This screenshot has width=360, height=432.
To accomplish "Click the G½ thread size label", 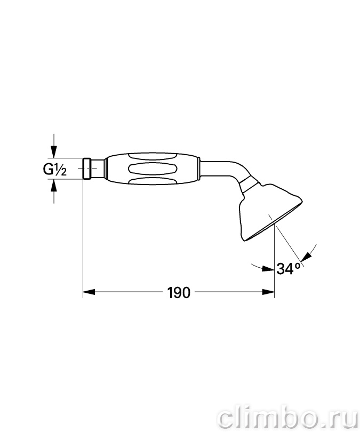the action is point(55,170).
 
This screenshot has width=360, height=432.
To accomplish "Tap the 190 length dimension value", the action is point(179,292).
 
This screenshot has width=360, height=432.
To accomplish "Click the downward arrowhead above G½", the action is point(54,152).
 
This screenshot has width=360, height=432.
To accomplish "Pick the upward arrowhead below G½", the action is point(54,185).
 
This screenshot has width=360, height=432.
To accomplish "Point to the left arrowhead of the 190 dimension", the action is point(89,292).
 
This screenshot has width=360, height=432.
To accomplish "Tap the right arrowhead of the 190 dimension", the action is point(268,292).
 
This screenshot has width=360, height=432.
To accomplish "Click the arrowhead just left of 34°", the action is point(268,269).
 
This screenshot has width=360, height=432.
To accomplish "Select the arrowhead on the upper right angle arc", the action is point(307,257).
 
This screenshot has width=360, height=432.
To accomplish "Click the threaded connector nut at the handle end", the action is point(86,169).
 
